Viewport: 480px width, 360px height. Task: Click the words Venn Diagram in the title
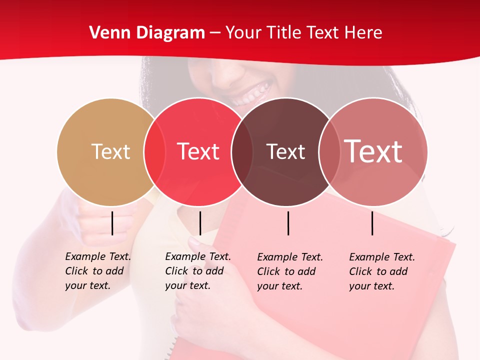pos(147,33)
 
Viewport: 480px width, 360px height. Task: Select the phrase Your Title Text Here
pos(303,33)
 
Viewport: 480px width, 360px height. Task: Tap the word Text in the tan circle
pos(110,151)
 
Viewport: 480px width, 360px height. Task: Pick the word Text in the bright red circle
pos(198,151)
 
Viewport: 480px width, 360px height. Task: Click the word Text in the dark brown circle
pos(285,151)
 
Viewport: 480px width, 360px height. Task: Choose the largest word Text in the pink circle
pos(373,151)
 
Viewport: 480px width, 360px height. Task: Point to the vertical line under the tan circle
pos(112,223)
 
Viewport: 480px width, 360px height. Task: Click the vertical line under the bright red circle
pos(200,223)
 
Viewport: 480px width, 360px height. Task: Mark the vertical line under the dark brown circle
pos(288,223)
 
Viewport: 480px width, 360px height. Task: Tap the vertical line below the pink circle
pos(372,223)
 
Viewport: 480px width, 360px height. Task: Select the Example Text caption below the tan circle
pos(98,271)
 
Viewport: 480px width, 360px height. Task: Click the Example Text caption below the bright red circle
pos(198,271)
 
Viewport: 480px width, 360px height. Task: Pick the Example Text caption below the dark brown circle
pos(290,271)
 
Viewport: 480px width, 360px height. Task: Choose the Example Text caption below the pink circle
pos(382,271)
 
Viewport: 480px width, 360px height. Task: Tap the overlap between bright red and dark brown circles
pos(242,152)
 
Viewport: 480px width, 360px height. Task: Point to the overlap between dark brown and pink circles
pos(329,152)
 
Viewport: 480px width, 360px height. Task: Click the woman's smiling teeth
pos(252,93)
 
